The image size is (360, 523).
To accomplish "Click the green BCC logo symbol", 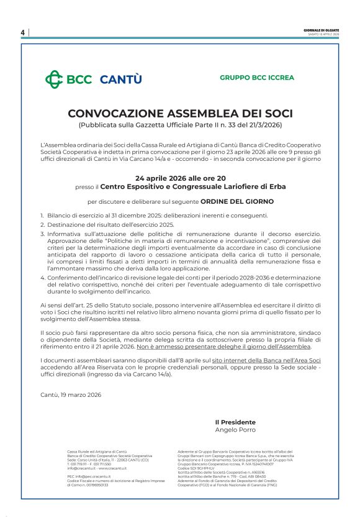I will [54, 79].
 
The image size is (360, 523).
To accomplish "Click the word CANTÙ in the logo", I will [120, 79].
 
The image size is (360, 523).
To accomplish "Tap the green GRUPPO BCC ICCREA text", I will [257, 78].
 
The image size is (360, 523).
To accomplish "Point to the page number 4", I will [22, 32].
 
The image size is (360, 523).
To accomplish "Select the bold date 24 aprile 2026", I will [159, 178].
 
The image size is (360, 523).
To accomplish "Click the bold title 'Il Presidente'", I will [235, 422].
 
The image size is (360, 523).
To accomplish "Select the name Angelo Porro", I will [235, 429].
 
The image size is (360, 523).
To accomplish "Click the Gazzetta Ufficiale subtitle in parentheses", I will [180, 125].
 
